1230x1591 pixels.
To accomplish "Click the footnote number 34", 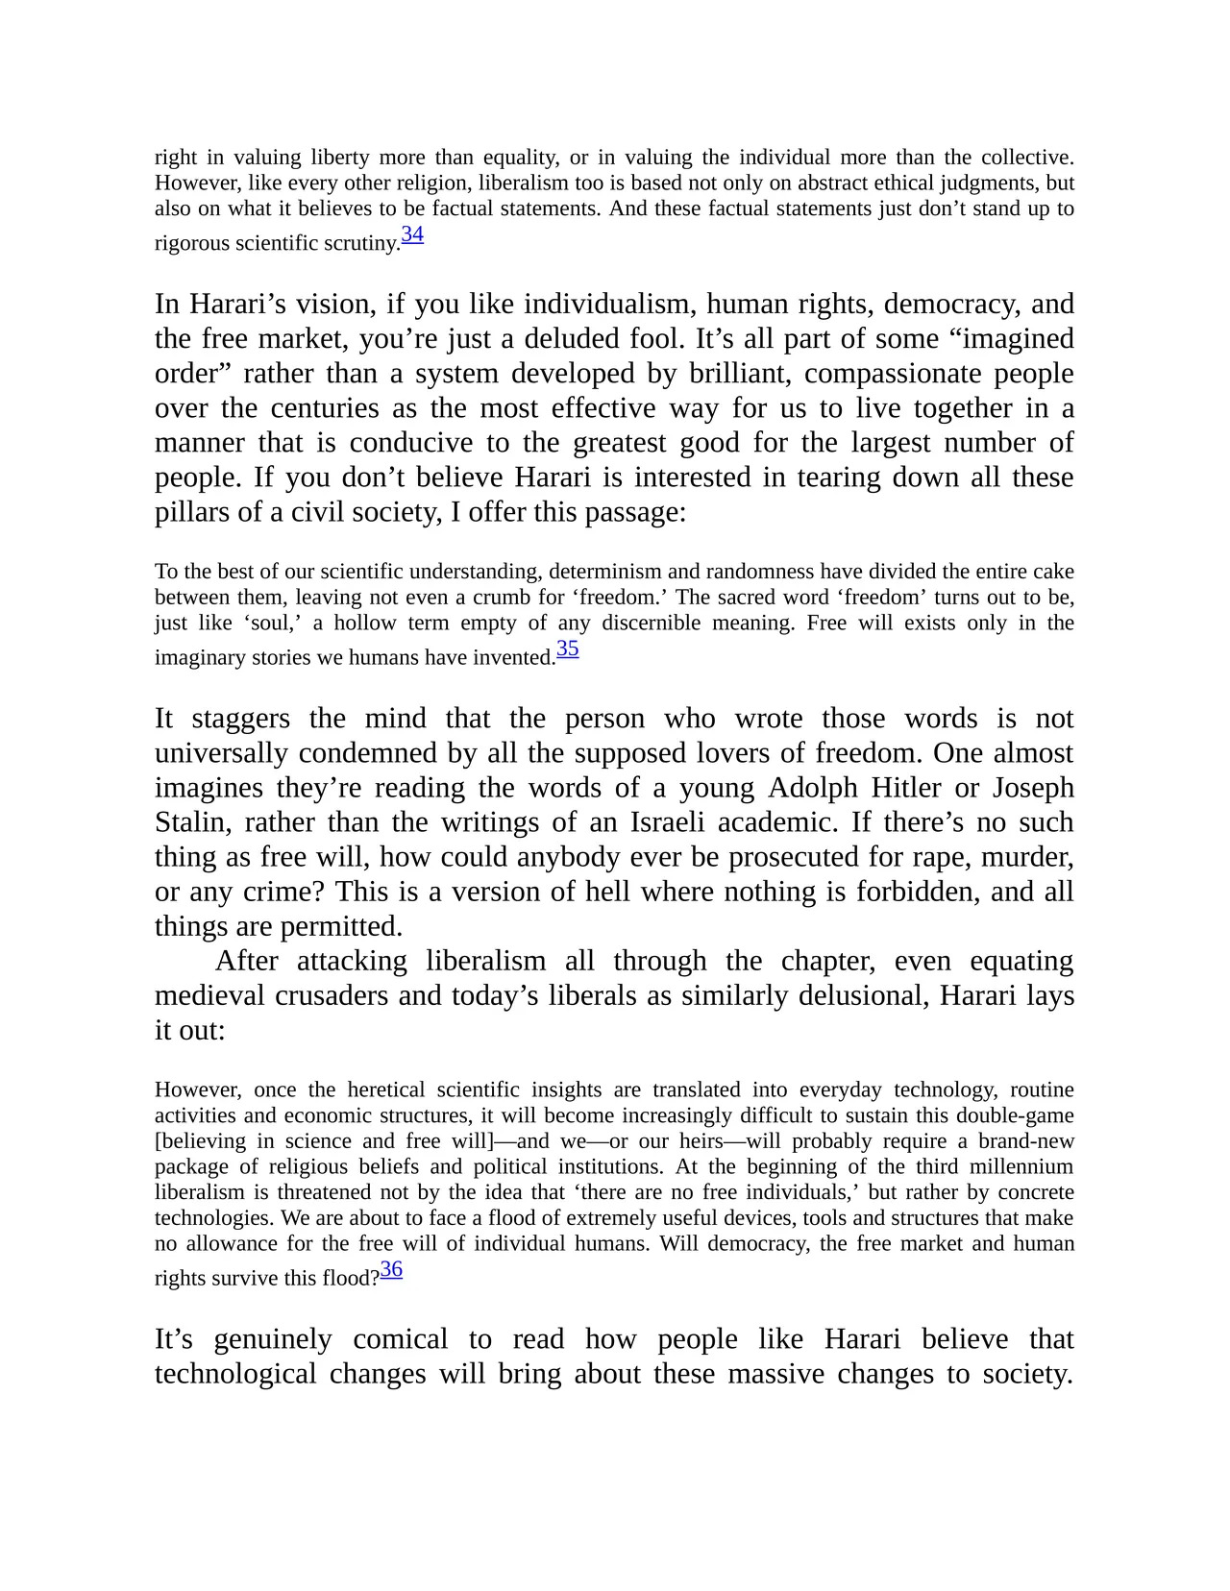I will click(x=412, y=234).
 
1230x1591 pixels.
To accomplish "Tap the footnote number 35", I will click(x=568, y=649).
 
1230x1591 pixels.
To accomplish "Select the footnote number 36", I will click(x=391, y=1270).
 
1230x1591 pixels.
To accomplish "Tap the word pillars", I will click(x=188, y=512).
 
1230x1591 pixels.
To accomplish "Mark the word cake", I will click(x=1053, y=572).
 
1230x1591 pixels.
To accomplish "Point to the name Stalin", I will click(x=193, y=823).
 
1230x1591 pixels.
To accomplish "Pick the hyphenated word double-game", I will click(x=1018, y=1116).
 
